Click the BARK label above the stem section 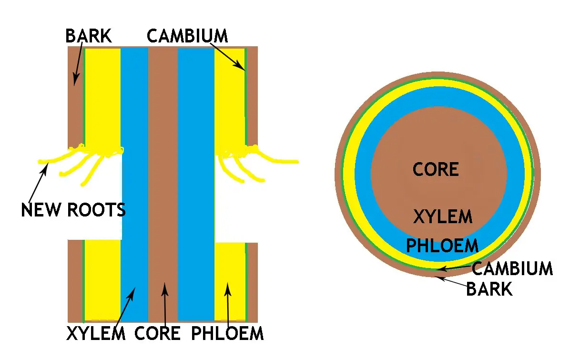pyautogui.click(x=89, y=36)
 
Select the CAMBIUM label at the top pyautogui.click(x=187, y=36)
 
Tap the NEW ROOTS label pyautogui.click(x=73, y=209)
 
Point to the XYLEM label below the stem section pyautogui.click(x=96, y=333)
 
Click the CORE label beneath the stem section pyautogui.click(x=158, y=333)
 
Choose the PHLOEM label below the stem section pyautogui.click(x=227, y=333)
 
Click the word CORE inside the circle pyautogui.click(x=436, y=169)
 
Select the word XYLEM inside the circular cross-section pyautogui.click(x=443, y=217)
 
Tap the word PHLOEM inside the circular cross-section pyautogui.click(x=442, y=246)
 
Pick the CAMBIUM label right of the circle pyautogui.click(x=512, y=268)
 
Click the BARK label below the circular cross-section pyautogui.click(x=489, y=289)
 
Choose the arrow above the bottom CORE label pyautogui.click(x=164, y=305)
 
